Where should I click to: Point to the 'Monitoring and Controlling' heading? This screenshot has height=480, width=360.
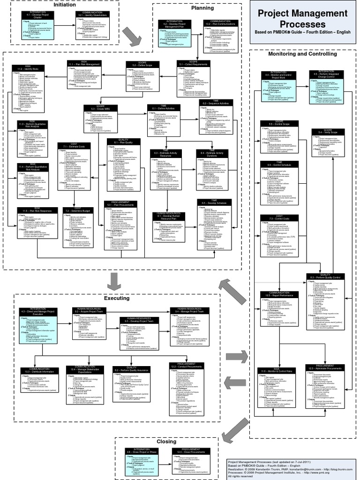click(302, 54)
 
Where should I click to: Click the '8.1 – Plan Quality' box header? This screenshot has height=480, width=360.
click(123, 141)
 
